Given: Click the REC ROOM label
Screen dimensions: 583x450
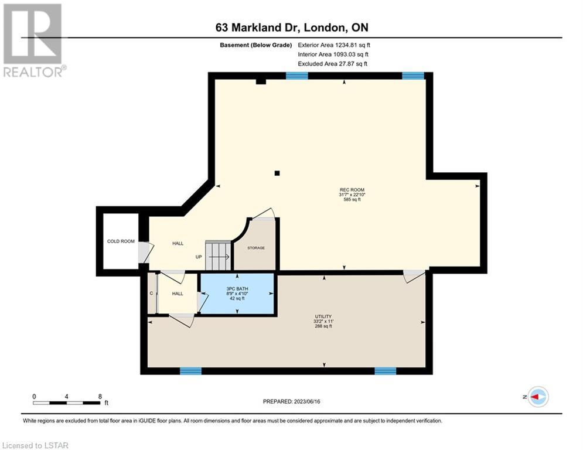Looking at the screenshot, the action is (x=352, y=190).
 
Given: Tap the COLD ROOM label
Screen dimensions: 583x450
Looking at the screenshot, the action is (x=121, y=241).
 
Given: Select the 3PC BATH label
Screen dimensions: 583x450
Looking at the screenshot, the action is (x=237, y=289).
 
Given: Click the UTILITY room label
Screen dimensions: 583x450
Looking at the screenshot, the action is (x=323, y=316).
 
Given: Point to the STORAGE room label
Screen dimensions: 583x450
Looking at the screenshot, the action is (x=256, y=248).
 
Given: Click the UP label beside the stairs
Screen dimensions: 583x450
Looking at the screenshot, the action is (x=199, y=257).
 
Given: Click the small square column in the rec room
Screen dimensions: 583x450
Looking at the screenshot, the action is (x=277, y=173).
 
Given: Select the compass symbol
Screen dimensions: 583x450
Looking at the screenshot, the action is (x=538, y=397).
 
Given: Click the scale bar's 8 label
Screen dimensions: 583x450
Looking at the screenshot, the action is (x=100, y=397).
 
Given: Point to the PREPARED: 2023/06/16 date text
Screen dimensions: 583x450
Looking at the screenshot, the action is (x=292, y=401).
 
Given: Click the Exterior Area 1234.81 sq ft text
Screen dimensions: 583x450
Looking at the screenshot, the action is (x=334, y=45).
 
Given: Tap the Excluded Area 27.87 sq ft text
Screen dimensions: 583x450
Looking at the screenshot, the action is (x=332, y=64).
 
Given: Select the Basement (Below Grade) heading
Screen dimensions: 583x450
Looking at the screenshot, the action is (x=256, y=45).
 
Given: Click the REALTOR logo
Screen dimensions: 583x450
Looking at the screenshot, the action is (x=33, y=40).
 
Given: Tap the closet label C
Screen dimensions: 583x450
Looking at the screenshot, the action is (x=151, y=294).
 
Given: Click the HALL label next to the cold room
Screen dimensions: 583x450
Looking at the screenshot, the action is (x=178, y=244).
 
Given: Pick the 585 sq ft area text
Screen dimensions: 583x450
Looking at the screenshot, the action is (x=352, y=199).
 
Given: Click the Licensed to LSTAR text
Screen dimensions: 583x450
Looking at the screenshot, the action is (x=35, y=445).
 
